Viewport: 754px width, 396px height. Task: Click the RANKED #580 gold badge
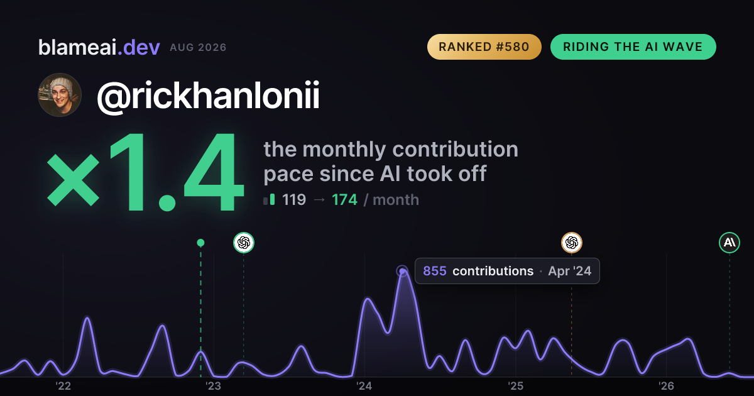[x=484, y=47]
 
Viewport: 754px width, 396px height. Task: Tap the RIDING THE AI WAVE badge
[x=633, y=47]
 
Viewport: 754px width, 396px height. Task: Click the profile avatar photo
[x=60, y=95]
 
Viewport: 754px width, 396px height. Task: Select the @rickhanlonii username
[x=208, y=96]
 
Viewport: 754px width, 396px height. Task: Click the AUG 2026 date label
[x=198, y=48]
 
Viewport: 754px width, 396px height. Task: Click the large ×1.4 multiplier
[x=145, y=172]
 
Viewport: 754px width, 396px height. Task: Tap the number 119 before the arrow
[x=294, y=200]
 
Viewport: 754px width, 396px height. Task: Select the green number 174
[x=344, y=200]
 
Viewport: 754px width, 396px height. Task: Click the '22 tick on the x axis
[x=63, y=386]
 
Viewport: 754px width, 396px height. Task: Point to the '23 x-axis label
[x=214, y=386]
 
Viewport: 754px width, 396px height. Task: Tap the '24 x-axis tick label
[x=364, y=386]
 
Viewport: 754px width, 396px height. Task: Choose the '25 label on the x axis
[x=515, y=386]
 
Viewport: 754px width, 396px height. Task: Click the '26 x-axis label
[x=666, y=386]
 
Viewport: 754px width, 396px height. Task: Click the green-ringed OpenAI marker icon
[x=244, y=243]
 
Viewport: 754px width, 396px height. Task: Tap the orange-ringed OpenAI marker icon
[x=572, y=243]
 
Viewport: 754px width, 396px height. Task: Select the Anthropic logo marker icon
[x=729, y=243]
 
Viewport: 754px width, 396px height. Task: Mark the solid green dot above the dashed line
[x=200, y=243]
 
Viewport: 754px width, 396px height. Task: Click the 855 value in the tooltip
[x=435, y=271]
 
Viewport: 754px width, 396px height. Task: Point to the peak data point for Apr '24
[x=402, y=271]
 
